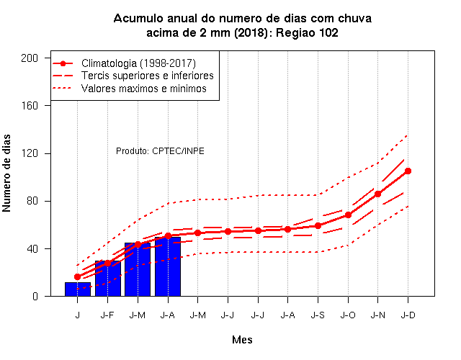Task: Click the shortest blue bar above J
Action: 78,289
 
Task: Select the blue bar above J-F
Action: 108,279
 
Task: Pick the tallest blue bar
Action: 168,266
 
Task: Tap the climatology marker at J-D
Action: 408,171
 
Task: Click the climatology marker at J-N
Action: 377,194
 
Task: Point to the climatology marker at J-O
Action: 348,215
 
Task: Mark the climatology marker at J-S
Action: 318,225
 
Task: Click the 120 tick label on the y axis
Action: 30,153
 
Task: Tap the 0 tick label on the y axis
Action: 35,296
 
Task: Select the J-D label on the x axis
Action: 408,315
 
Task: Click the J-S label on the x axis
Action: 318,315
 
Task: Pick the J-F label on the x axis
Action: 107,315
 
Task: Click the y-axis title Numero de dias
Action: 6,174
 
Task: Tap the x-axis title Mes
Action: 242,340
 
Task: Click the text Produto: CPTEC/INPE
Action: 160,151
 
